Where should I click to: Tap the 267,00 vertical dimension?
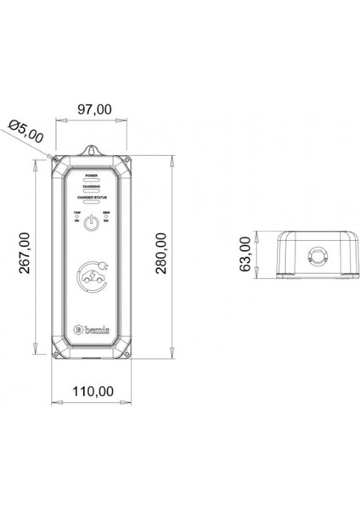coord(22,255)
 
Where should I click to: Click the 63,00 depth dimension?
coord(246,255)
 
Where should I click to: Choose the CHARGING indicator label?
coord(92,185)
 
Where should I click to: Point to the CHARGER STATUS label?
coord(92,198)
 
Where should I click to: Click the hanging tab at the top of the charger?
coord(92,151)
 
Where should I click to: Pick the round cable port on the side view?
coord(318,255)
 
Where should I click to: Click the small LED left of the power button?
coord(78,219)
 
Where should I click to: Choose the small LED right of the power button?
coord(105,219)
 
